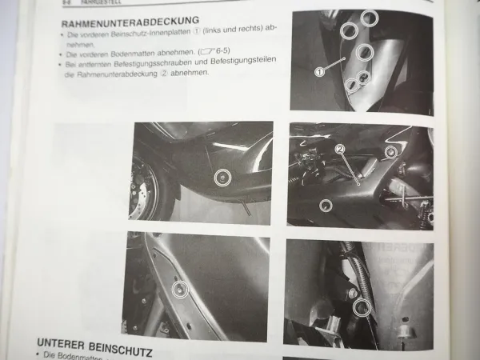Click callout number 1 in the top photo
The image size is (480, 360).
[x=319, y=71]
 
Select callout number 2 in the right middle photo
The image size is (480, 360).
[x=339, y=149]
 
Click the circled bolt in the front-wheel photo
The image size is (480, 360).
[x=224, y=178]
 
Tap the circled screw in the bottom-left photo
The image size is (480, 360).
[x=181, y=290]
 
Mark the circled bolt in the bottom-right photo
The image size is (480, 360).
[x=361, y=306]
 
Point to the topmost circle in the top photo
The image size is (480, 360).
[x=369, y=17]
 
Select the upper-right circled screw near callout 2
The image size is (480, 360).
[x=390, y=152]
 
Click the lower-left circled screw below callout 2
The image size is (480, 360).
[x=325, y=205]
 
